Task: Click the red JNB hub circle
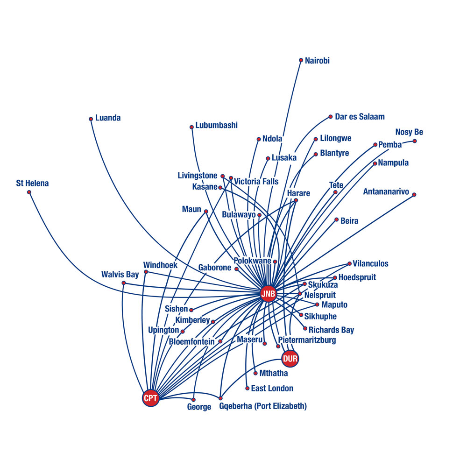[268, 294]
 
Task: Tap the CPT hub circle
[150, 398]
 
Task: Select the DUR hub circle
[290, 359]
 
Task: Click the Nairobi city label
[317, 61]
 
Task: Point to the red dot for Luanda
[91, 119]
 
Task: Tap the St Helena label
[33, 183]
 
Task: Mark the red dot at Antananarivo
[414, 195]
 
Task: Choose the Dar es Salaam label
[360, 117]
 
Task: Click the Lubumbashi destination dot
[192, 127]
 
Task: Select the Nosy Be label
[409, 132]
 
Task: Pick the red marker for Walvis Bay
[124, 283]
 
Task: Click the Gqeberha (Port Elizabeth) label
[263, 406]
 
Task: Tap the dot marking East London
[247, 389]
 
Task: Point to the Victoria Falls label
[256, 181]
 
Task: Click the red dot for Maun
[206, 212]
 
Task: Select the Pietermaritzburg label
[307, 340]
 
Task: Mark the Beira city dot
[337, 220]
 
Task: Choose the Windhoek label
[160, 265]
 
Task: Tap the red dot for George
[193, 400]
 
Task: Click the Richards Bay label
[331, 330]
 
